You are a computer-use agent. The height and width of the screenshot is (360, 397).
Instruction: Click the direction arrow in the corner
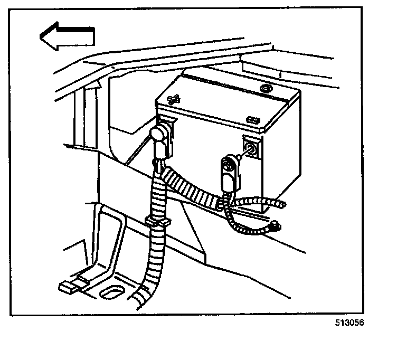point(65,37)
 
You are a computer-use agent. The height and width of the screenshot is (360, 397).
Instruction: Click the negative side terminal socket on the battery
point(251,149)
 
